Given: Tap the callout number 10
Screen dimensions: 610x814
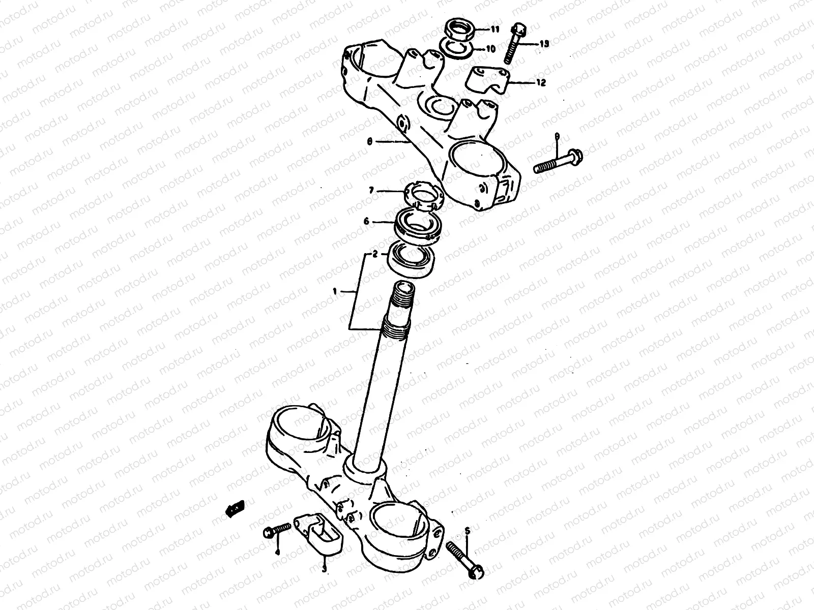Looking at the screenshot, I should tap(490, 49).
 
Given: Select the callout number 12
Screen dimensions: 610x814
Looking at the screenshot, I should tap(540, 82).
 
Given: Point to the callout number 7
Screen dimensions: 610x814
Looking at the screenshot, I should tap(371, 190).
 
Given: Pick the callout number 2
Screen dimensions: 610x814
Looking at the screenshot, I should tap(375, 254).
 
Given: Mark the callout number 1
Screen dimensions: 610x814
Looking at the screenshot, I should tap(335, 291).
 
